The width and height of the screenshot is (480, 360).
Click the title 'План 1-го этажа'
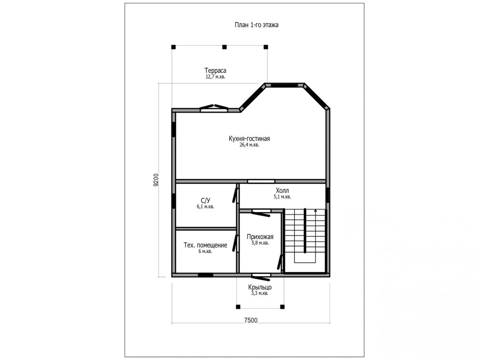256,25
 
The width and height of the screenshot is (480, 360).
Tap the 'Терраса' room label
215,71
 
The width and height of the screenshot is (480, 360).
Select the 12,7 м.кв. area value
215,77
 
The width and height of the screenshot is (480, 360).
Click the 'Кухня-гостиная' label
249,138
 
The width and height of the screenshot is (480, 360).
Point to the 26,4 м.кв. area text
249,145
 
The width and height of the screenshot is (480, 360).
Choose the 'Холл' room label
282,191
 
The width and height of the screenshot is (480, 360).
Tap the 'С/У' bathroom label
205,201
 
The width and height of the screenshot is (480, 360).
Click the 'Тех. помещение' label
205,245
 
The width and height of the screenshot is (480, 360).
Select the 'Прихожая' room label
260,237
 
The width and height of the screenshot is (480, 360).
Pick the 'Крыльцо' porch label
260,287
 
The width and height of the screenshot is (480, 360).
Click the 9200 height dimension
156,180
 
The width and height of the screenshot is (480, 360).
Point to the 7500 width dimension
251,320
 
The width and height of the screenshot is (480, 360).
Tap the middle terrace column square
224,47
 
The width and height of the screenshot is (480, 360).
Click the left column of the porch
238,307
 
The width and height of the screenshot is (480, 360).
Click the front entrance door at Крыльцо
261,277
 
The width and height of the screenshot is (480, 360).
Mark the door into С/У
235,195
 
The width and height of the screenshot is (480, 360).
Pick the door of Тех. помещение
235,244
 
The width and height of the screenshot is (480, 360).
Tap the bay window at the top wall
285,85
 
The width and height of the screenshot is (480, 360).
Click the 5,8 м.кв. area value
260,243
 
